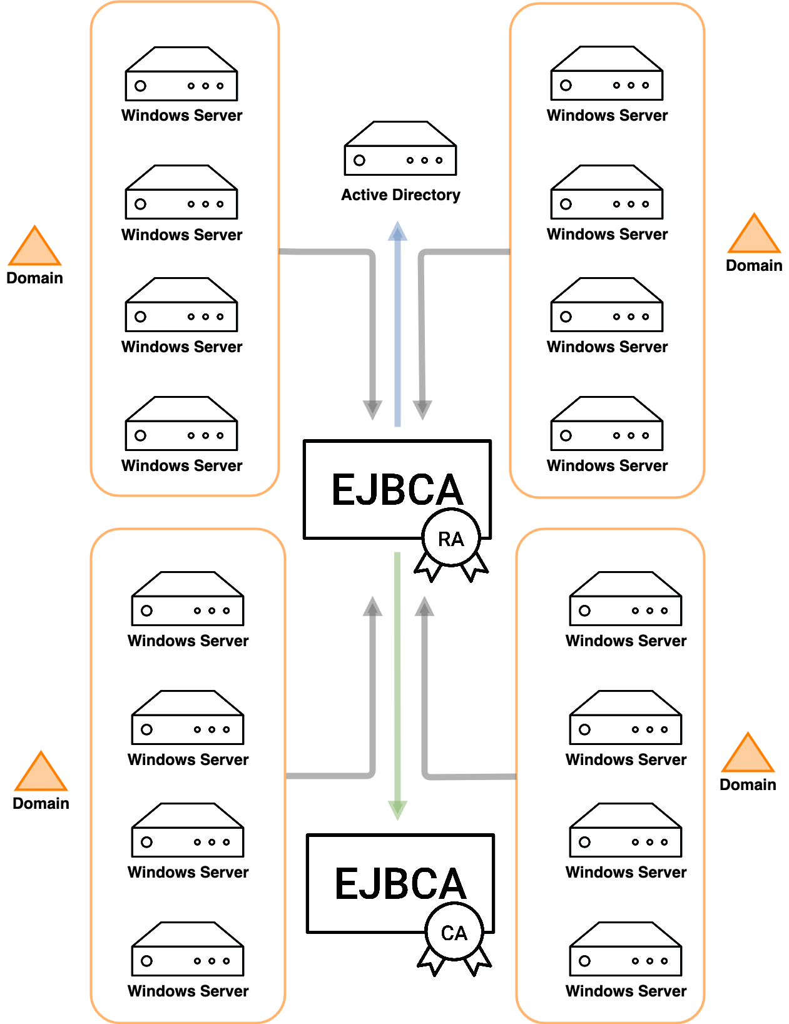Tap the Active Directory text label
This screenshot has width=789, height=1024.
(400, 195)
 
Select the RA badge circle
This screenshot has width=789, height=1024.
(450, 539)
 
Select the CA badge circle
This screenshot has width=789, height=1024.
(454, 933)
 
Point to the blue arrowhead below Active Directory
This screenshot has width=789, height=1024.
(397, 231)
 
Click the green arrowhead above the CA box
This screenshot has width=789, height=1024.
(397, 809)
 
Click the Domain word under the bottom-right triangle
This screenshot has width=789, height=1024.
(748, 784)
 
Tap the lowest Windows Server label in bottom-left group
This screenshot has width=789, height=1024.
(188, 991)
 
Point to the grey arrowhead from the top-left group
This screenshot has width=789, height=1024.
(372, 410)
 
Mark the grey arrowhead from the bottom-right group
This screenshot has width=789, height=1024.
(424, 606)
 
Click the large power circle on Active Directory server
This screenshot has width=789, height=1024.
(359, 160)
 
